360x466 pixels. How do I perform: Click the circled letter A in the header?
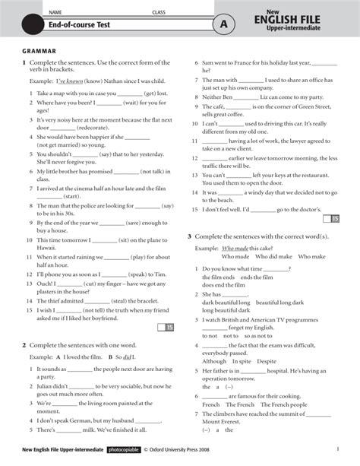[223, 25]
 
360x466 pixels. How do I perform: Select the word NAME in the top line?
[55, 13]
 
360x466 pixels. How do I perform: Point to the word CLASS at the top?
[158, 13]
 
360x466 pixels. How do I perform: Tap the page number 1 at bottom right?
[336, 449]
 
